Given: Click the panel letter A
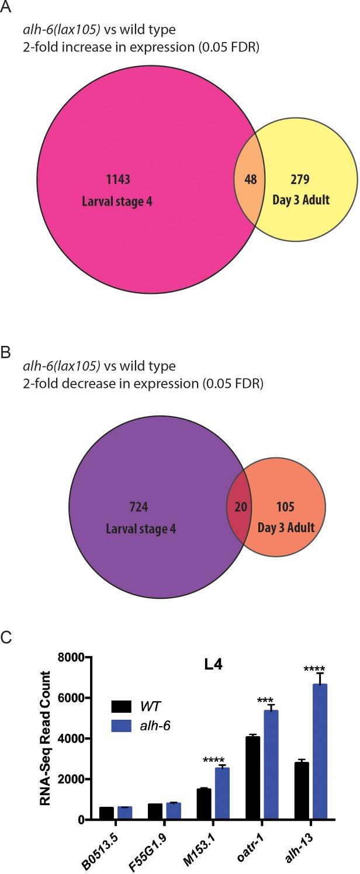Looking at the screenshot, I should (x=6, y=8).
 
